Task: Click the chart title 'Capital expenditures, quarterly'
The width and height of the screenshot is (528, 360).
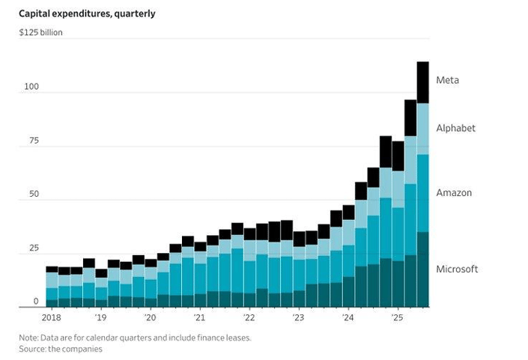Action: click(88, 13)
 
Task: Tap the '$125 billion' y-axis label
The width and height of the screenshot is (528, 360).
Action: click(41, 33)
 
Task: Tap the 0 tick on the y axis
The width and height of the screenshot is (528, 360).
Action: click(34, 301)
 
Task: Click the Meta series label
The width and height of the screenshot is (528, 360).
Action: click(448, 80)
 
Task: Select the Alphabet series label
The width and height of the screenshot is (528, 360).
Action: click(456, 129)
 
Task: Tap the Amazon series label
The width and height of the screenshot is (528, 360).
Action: click(455, 193)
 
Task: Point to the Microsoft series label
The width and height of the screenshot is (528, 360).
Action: click(457, 269)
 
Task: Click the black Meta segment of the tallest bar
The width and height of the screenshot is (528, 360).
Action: click(422, 82)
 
